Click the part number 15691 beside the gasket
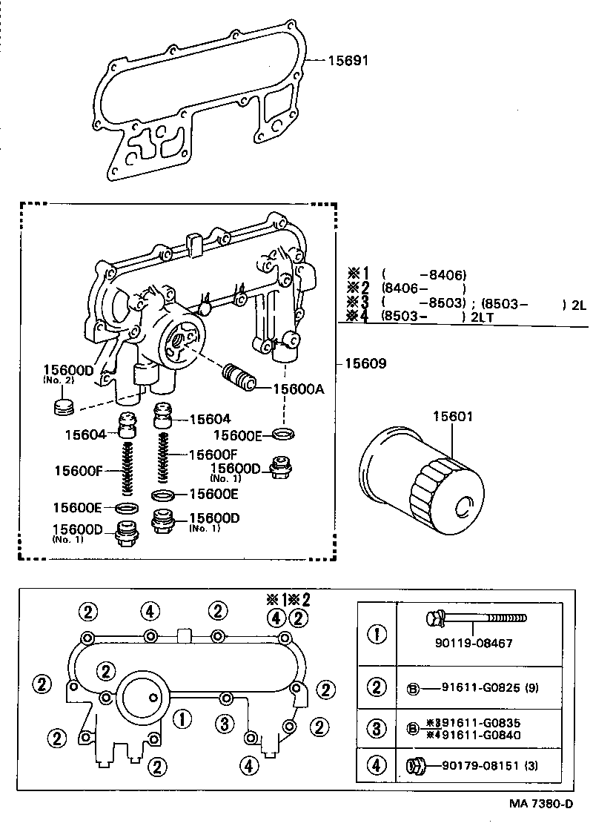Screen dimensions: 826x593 348,60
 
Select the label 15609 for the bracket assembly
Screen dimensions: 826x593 365,364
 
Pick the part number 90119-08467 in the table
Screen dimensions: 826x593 475,643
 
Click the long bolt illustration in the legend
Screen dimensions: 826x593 474,618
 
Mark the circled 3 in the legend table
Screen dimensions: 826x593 377,729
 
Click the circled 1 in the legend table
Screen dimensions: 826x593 377,635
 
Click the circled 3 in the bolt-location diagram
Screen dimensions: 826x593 225,722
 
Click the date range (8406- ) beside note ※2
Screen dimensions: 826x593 423,288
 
